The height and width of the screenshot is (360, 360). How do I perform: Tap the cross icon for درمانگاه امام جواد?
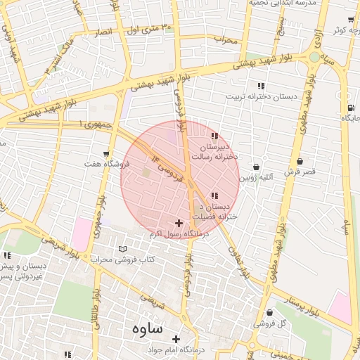point(176,340)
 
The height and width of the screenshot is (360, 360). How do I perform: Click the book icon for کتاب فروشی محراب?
point(124,249)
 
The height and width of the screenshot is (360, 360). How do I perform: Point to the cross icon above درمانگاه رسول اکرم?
point(179,223)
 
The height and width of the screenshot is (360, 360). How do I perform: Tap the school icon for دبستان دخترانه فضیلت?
point(214,195)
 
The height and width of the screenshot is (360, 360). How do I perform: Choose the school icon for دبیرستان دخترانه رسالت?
point(214,136)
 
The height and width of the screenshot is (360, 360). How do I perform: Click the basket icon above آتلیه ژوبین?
point(255,167)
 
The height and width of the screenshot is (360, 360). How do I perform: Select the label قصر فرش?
point(300,172)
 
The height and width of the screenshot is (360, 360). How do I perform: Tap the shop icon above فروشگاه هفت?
point(106,153)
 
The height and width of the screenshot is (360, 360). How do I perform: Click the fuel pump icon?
point(349,108)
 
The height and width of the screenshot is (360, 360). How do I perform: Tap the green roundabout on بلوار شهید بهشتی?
point(314,57)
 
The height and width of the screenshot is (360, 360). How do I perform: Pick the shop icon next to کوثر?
point(350,20)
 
